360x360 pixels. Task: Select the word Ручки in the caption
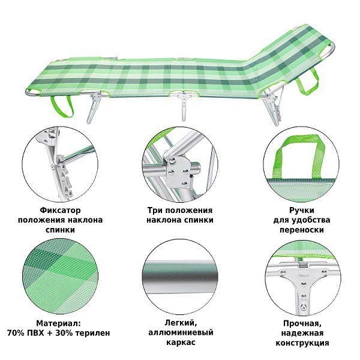click(x=298, y=211)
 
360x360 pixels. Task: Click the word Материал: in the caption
click(x=62, y=323)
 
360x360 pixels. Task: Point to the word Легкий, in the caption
click(x=179, y=323)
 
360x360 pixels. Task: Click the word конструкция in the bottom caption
click(x=298, y=343)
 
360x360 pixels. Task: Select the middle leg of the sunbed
click(x=184, y=108)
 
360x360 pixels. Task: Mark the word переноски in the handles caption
click(x=298, y=230)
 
